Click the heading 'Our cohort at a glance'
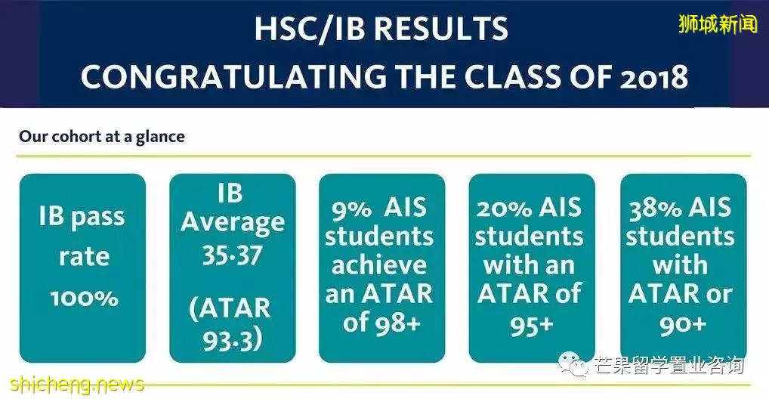[x=102, y=136]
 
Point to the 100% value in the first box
[x=84, y=298]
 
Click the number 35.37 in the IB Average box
[x=233, y=255]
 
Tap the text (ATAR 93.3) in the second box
[x=230, y=324]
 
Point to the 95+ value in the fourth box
[x=531, y=325]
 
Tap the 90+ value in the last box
[x=683, y=325]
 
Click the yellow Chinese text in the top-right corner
[x=718, y=23]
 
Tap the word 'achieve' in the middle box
[x=379, y=265]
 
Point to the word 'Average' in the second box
[x=233, y=222]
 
